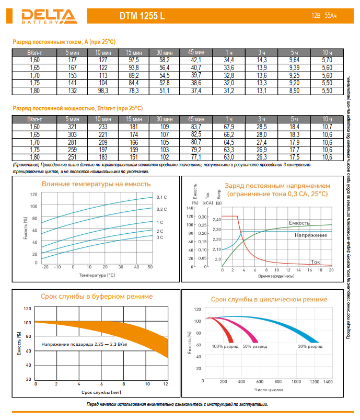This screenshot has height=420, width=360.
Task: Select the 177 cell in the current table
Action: tap(73, 61)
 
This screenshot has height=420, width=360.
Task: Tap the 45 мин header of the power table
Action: tap(196, 120)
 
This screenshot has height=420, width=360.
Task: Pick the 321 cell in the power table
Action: tap(73, 127)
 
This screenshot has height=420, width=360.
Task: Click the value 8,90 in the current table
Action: tap(294, 90)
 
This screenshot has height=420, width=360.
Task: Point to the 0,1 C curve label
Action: tap(161, 197)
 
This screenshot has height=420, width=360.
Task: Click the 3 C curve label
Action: tap(160, 237)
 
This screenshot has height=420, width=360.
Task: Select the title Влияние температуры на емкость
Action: tap(96, 184)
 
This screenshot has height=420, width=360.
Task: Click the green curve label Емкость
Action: tap(299, 223)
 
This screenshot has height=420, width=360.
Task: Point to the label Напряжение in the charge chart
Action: tap(311, 235)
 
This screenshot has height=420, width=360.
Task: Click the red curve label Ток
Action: tap(315, 261)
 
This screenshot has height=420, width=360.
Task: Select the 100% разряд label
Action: tap(224, 347)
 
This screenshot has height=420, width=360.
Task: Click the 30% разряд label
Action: tap(310, 347)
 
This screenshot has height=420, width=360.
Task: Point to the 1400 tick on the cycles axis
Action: tap(328, 382)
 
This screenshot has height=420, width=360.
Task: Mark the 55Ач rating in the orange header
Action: tap(330, 16)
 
